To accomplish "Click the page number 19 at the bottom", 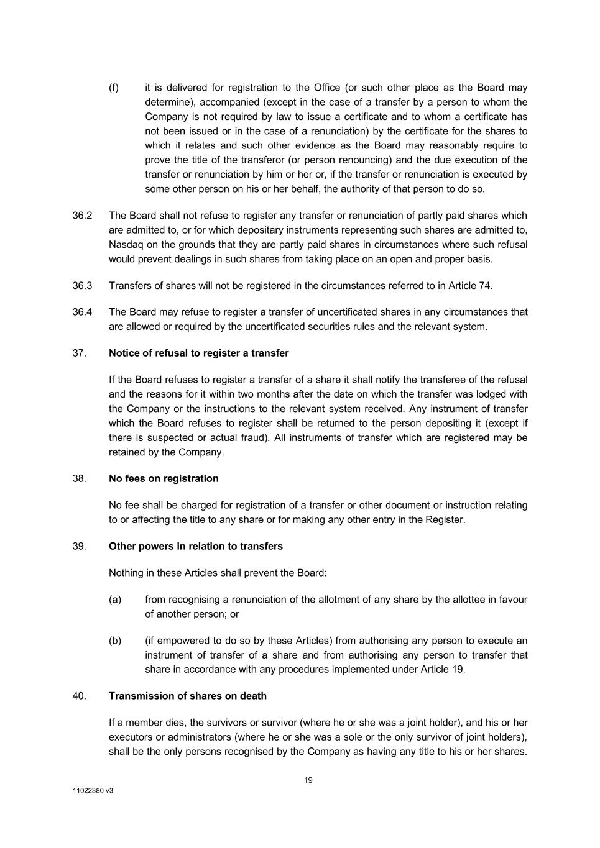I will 308,780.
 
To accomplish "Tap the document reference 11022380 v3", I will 93,791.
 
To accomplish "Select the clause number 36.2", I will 82,216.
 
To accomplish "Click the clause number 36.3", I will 82,286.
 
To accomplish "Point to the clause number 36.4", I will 82,312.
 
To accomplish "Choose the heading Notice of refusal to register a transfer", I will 198,353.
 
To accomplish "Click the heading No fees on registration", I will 164,478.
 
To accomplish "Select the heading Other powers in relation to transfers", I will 195,546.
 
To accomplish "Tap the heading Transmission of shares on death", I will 187,696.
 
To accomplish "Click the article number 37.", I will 79,353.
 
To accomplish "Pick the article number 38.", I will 79,478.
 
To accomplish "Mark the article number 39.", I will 79,546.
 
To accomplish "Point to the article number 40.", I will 79,696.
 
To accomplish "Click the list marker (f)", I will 114,88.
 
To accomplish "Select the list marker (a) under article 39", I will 115,600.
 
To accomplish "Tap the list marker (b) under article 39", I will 115,641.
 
